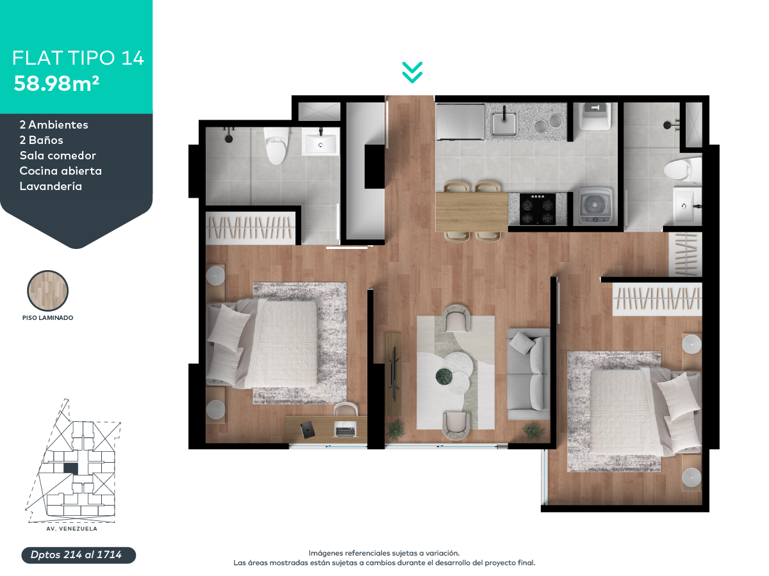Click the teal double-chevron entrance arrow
coord(412,72)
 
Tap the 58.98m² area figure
coord(56,84)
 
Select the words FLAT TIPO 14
coord(78,58)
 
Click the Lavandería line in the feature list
coord(51,186)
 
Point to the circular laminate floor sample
coord(47,291)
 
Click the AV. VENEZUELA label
coord(72,529)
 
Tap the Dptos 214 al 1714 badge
coord(78,555)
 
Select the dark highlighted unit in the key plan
coord(70,468)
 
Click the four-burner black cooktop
coord(537,209)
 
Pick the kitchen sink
coord(504,123)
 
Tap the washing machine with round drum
coord(595,206)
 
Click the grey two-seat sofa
coord(528,374)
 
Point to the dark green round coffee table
coord(443,376)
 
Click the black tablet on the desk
coord(308,430)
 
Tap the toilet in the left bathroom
coord(276,145)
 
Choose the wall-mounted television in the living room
coord(393,374)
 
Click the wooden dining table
coord(472,212)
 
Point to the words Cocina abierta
coord(61,171)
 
